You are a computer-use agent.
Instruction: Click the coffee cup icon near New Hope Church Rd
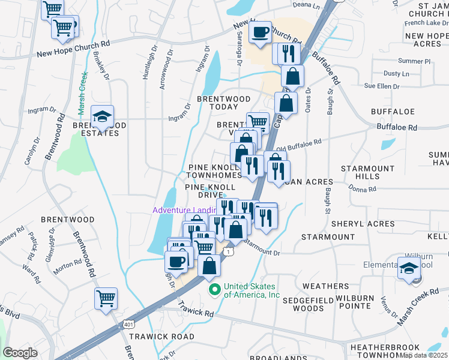[260, 32]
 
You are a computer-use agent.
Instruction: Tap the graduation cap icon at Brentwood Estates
[102, 116]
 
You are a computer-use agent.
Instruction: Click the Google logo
[20, 353]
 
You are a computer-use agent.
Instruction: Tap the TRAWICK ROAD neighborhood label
[162, 337]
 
